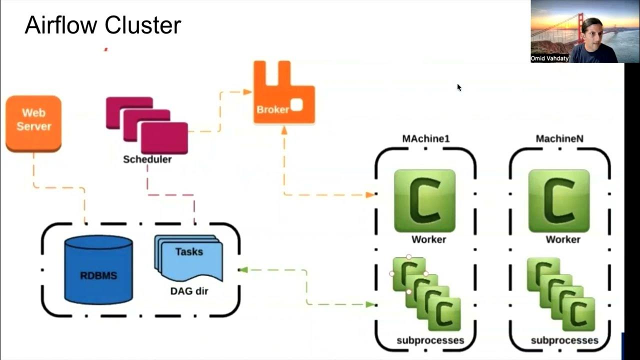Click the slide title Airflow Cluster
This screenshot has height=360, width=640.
[102, 25]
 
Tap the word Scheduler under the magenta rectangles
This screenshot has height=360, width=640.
[147, 159]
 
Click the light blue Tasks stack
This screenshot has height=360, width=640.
[189, 257]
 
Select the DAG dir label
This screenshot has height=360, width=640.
[189, 291]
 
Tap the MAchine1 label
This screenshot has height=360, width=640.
[425, 138]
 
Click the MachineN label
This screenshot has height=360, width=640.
[559, 138]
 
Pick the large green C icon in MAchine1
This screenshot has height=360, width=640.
[424, 200]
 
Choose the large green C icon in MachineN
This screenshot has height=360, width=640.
[559, 200]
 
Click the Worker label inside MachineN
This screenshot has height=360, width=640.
[562, 239]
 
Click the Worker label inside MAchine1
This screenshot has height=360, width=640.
[428, 239]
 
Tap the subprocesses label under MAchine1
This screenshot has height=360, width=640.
[430, 340]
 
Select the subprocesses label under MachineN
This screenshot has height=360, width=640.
[564, 340]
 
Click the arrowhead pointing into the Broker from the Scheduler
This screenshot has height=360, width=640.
[247, 91]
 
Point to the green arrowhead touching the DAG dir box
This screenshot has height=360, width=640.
[243, 270]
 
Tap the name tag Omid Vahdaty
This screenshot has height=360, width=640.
[549, 58]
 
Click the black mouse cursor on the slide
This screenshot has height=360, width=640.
[459, 87]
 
